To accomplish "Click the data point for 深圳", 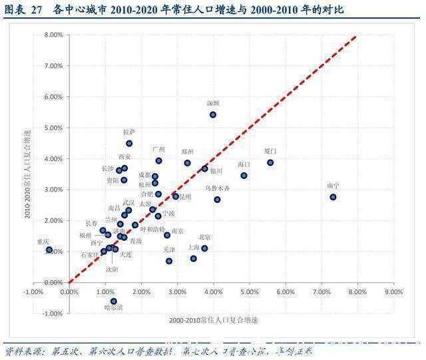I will (213, 114).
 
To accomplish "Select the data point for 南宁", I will (333, 197).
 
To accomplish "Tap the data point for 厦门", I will (270, 162).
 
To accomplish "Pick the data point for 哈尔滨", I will (114, 301).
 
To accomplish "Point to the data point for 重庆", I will (49, 250).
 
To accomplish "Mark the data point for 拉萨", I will (129, 143).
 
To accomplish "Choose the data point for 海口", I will (244, 176).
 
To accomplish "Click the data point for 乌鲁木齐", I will (217, 199).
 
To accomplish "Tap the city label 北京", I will (204, 237).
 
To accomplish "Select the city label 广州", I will (158, 150).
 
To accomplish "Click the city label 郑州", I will (188, 152).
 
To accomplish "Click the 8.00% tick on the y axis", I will (54, 35).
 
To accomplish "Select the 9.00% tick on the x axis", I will (393, 291).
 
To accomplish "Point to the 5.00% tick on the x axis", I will (249, 291).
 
